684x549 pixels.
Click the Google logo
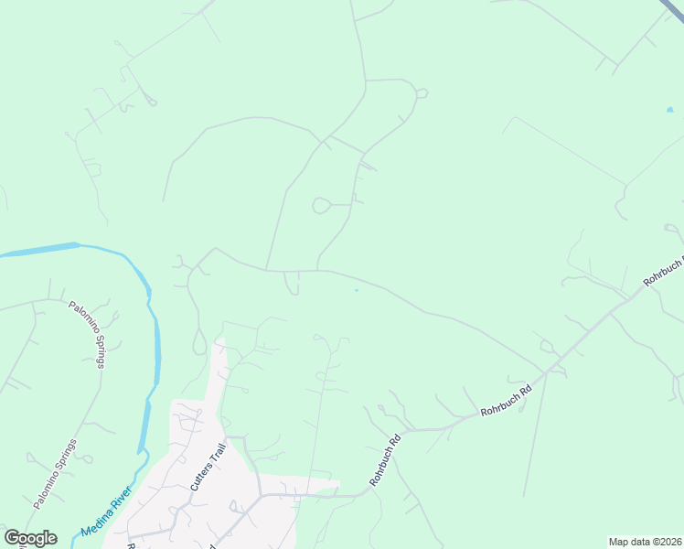click(30, 538)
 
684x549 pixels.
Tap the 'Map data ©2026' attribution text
click(645, 542)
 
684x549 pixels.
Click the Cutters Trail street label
click(207, 468)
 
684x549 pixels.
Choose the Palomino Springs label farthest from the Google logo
click(89, 334)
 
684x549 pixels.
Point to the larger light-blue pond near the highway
click(670, 110)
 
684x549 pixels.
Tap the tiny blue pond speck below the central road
click(356, 290)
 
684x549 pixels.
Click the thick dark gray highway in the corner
click(671, 9)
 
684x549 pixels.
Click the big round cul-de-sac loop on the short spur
click(321, 206)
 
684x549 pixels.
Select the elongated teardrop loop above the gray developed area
click(199, 344)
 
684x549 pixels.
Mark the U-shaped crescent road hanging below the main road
click(292, 285)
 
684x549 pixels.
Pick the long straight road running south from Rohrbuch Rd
click(535, 430)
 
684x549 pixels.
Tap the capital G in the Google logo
click(13, 538)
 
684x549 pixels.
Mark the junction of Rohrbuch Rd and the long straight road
click(546, 372)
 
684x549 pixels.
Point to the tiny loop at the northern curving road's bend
click(422, 93)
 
